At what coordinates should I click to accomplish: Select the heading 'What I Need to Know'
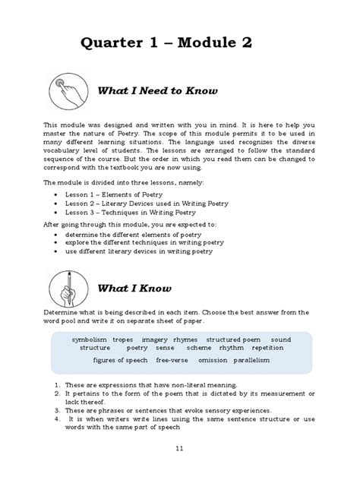pos(157,91)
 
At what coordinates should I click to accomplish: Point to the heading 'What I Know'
pos(134,289)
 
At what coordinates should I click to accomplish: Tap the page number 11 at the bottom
pos(180,450)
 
